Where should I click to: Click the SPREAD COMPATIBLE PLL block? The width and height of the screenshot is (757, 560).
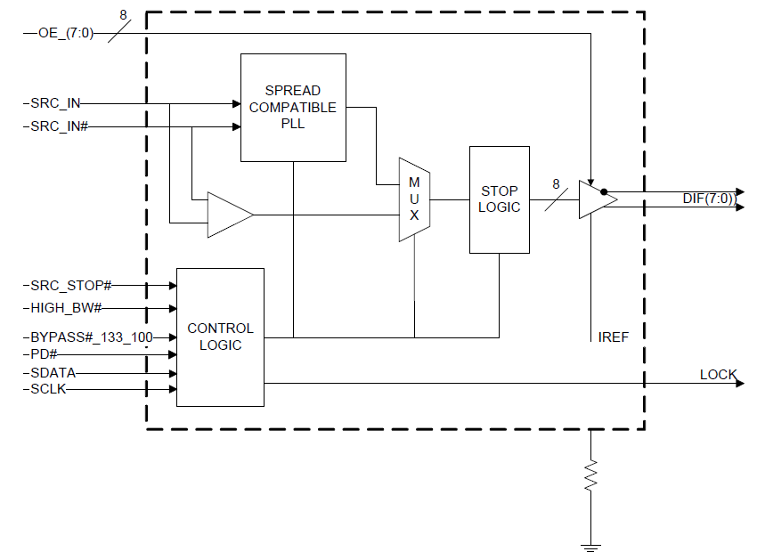[293, 107]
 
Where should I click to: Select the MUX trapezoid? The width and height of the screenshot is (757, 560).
[414, 199]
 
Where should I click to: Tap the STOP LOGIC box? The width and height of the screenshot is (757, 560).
[500, 199]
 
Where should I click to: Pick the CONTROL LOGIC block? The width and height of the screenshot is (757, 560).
[220, 337]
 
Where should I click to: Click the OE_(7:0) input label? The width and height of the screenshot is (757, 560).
[66, 33]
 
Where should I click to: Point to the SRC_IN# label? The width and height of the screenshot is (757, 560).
[60, 126]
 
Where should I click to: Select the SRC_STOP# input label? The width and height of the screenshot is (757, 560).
[71, 286]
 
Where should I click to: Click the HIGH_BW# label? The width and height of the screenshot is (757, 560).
[66, 308]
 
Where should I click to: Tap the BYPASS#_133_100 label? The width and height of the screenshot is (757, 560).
[92, 337]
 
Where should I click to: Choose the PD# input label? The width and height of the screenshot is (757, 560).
[44, 354]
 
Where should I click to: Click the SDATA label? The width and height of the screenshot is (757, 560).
[53, 373]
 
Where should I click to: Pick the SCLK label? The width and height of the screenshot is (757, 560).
[48, 389]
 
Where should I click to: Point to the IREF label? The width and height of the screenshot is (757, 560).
[613, 337]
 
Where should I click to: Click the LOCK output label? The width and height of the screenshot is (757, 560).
[719, 375]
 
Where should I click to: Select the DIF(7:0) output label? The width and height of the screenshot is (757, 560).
[709, 199]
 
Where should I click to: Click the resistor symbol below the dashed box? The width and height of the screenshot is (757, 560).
[590, 476]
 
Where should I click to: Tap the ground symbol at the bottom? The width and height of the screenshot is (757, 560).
[590, 548]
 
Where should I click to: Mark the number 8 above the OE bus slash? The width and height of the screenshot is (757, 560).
[123, 15]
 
